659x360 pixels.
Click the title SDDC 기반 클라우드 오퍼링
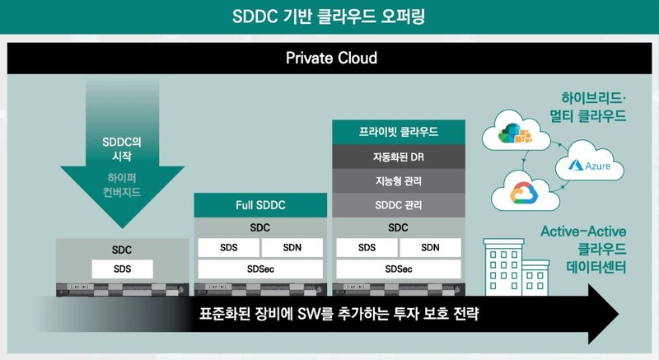329,16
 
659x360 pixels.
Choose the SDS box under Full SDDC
228,247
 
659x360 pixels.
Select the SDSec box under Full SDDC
259,269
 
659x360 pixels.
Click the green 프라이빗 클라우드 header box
398,132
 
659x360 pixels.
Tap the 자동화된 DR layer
398,156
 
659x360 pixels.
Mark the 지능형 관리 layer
398,180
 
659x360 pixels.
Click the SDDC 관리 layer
398,203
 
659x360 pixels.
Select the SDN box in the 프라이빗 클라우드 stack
429,247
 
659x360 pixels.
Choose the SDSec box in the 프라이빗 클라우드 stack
398,269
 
